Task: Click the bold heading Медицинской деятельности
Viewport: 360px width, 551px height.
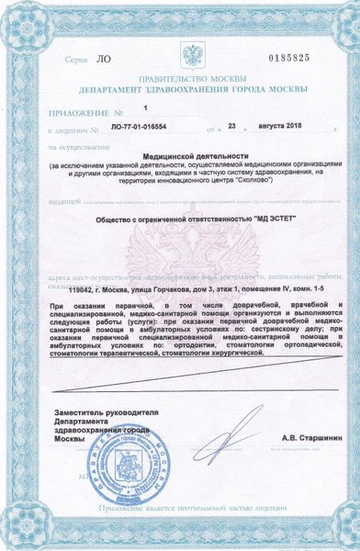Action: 192,157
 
